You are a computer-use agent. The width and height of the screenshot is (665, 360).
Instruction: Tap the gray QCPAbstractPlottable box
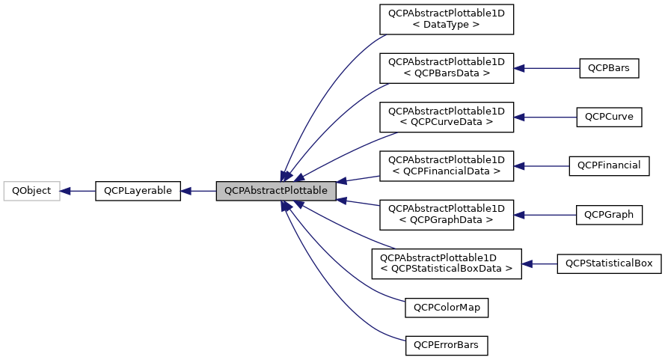click(x=275, y=191)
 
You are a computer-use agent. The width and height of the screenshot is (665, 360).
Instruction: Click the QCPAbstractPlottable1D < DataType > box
click(x=446, y=19)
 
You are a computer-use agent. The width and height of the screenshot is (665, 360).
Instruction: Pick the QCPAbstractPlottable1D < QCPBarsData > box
click(x=446, y=67)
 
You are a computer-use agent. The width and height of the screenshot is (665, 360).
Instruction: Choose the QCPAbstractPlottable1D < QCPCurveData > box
click(x=446, y=116)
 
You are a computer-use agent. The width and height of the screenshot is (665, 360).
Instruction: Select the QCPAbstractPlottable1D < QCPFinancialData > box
click(x=446, y=165)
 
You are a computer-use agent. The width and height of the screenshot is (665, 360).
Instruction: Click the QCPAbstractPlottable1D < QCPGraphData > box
click(x=446, y=214)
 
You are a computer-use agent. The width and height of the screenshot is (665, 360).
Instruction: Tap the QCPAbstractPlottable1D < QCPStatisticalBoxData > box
click(x=446, y=263)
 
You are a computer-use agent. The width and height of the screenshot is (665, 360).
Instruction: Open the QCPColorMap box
click(x=446, y=307)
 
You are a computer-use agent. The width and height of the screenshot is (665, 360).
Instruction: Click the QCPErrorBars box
click(x=446, y=346)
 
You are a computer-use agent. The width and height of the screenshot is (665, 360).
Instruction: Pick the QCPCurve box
click(x=609, y=116)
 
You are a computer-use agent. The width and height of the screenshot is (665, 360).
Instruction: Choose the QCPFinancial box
click(x=609, y=165)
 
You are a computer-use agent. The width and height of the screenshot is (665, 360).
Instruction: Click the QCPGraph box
click(x=609, y=214)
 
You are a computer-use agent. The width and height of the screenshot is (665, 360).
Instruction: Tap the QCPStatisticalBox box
click(x=609, y=263)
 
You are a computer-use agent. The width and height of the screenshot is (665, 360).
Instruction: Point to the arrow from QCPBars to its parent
click(x=547, y=67)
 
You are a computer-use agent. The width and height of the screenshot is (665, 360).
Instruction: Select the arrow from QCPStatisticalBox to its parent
click(x=539, y=263)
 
